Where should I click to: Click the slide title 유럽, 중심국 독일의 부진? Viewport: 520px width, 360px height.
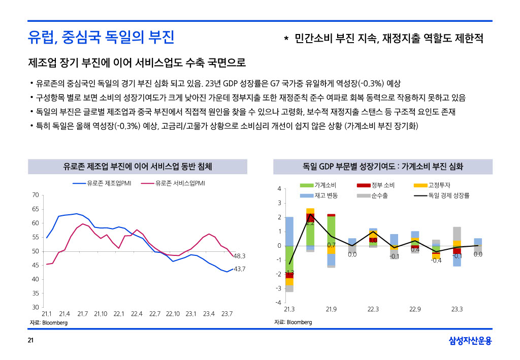101,37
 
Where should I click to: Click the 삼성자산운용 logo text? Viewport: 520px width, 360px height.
470,341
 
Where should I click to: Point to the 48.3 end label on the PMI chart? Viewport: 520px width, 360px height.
240,256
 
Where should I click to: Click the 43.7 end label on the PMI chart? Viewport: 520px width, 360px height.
240,269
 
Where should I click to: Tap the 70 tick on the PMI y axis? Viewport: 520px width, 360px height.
35,195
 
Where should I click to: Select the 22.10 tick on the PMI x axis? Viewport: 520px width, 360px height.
173,314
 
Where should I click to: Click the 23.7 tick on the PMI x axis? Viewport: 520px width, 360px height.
227,314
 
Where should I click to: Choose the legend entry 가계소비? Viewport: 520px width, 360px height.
326,185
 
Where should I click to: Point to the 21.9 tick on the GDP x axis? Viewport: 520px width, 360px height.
331,309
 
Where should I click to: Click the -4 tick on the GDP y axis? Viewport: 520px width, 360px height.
278,303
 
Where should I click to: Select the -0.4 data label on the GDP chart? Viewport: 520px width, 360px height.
436,260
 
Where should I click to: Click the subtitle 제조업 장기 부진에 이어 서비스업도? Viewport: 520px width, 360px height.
137,63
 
